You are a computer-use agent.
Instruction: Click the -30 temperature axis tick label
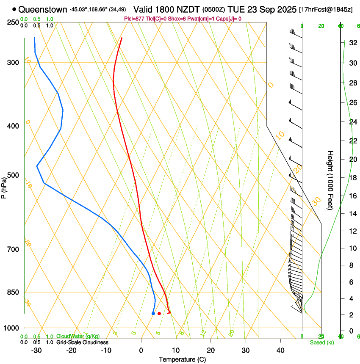36,350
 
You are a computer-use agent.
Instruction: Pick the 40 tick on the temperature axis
280,350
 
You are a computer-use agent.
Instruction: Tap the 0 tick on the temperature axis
141,350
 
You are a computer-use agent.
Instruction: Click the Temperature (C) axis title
182,359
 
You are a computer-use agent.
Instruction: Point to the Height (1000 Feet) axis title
330,180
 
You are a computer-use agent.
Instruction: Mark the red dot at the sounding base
159,313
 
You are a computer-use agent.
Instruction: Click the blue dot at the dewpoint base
153,313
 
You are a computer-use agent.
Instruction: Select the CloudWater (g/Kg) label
78,336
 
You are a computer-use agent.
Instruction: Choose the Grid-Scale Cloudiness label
82,342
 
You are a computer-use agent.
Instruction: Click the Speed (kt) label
321,342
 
